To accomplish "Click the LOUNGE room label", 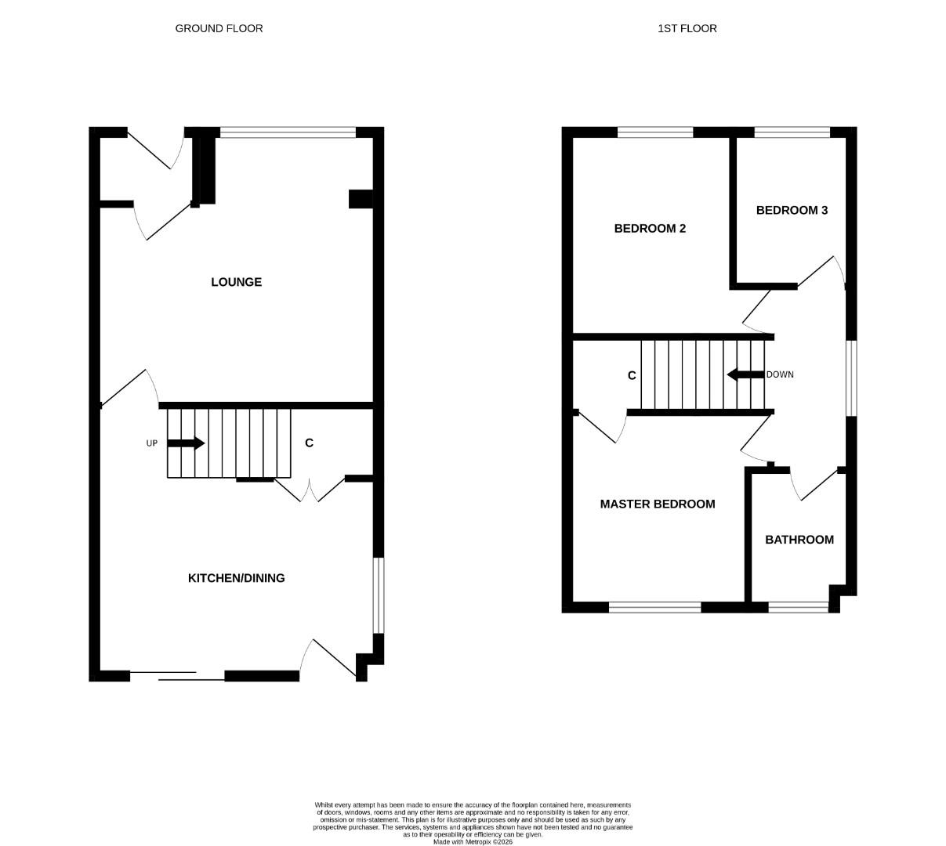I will click(x=236, y=282).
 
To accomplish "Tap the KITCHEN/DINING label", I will click(x=236, y=578).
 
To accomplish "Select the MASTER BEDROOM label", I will click(x=657, y=504).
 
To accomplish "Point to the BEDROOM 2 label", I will click(x=650, y=229).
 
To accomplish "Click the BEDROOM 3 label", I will click(x=792, y=210).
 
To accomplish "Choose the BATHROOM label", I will click(x=799, y=540).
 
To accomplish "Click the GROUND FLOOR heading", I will click(x=219, y=28).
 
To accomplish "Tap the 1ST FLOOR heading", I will click(x=687, y=28).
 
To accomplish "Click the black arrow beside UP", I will click(x=186, y=443).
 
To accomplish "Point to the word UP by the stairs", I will click(x=152, y=443).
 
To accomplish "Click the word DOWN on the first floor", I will click(x=780, y=374).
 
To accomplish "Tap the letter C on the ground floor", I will click(x=309, y=443).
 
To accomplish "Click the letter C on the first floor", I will click(x=632, y=376).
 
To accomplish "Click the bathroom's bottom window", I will click(x=798, y=606).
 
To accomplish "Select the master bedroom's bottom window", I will click(x=654, y=606).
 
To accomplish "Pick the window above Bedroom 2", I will click(x=655, y=132).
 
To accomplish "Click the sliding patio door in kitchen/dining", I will click(x=177, y=676).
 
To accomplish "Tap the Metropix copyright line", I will click(x=473, y=842).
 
